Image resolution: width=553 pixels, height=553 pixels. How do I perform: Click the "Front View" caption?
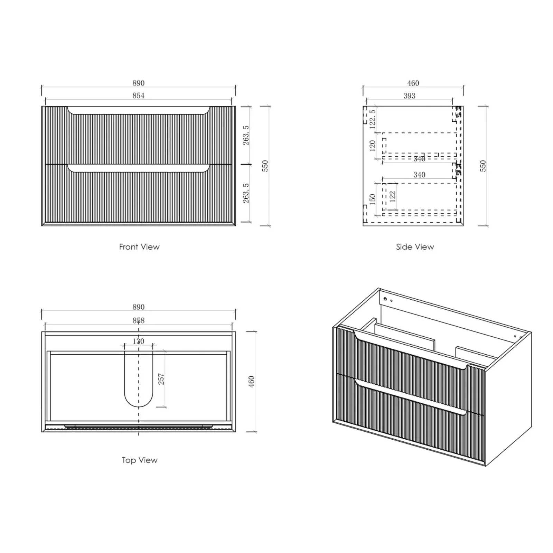point(139,247)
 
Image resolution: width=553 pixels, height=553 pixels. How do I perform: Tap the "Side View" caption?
point(415,247)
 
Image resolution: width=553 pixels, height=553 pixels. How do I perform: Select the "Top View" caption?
point(139,460)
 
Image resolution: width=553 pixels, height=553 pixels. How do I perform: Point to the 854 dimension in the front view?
point(138,95)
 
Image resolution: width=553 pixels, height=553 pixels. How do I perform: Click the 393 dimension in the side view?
point(409,96)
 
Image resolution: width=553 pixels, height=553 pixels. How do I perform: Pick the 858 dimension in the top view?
point(138,320)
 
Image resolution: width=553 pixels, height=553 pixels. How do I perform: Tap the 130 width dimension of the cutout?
point(138,341)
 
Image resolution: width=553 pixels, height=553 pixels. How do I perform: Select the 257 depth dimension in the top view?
point(161,379)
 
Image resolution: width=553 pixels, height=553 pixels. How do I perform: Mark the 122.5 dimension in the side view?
point(372,119)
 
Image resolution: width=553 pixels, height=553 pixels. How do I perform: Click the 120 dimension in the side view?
point(372,145)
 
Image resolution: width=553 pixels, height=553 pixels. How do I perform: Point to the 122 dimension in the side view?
point(392,196)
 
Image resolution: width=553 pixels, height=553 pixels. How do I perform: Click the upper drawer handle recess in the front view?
point(138,111)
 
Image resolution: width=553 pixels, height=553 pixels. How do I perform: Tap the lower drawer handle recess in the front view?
point(138,168)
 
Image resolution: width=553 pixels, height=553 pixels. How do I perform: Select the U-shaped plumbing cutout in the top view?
point(138,380)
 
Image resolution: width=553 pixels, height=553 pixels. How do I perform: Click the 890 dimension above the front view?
point(138,83)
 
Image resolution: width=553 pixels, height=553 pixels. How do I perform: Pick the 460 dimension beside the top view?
point(251,381)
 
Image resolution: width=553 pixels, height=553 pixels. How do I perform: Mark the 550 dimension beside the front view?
point(265,166)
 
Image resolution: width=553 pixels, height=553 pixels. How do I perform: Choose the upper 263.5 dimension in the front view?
point(246,135)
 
